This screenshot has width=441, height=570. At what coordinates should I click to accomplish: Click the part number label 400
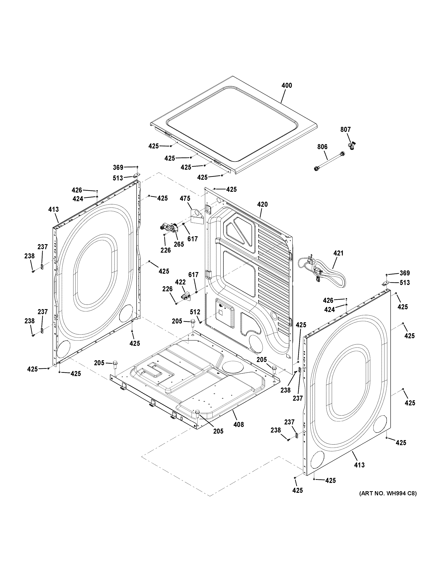(287, 85)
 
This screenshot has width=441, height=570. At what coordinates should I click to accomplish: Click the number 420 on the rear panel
(262, 204)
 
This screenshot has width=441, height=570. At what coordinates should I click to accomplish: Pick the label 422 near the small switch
(180, 282)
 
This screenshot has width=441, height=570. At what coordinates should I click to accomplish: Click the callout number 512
(195, 312)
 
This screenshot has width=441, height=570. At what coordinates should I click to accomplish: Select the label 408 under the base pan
(239, 425)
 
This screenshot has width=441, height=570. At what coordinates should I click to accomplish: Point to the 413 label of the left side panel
(53, 209)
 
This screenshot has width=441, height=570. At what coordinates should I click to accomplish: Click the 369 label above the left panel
(118, 167)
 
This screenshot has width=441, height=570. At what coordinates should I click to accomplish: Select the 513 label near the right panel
(404, 283)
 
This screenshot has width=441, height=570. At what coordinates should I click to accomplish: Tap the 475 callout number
(185, 199)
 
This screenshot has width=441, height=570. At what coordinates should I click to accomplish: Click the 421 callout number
(338, 253)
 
